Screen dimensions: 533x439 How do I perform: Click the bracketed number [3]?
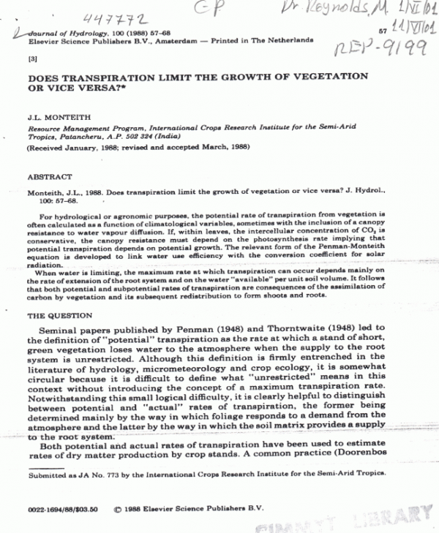point(31,58)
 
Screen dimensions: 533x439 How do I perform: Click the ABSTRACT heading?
point(49,178)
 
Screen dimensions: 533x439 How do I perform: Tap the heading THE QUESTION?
point(59,316)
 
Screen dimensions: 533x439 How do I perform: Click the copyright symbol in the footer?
point(118,505)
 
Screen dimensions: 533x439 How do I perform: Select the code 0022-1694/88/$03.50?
point(59,505)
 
